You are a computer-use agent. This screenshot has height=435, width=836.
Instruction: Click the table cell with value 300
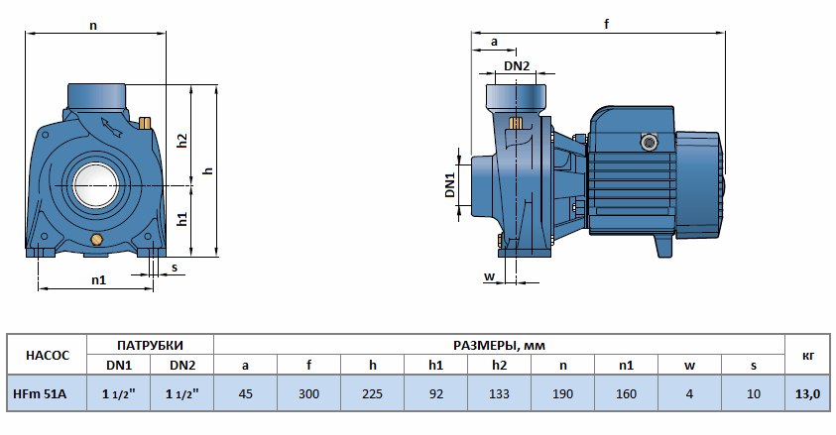(x=308, y=393)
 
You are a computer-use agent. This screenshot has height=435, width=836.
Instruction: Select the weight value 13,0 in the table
(x=807, y=393)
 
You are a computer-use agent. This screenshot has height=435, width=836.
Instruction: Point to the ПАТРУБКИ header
(x=150, y=345)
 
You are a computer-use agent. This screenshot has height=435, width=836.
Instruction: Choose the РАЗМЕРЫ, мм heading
(x=499, y=345)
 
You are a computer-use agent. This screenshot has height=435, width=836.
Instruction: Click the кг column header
(x=807, y=354)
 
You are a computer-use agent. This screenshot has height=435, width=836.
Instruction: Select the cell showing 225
(x=372, y=393)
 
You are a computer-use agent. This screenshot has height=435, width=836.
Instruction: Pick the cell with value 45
(x=245, y=393)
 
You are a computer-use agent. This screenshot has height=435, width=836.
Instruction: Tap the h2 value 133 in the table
(x=499, y=393)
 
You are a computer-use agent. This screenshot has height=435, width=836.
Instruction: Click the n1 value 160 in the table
(x=626, y=393)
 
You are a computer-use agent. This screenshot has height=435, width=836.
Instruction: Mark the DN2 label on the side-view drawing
(x=517, y=66)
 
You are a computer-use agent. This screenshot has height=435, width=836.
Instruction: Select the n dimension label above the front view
(x=93, y=26)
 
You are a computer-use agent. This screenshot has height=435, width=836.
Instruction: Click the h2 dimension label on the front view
(x=182, y=141)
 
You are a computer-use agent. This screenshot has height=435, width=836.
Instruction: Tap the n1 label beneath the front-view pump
(x=98, y=279)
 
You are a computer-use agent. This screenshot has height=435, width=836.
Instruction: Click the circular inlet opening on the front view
(x=95, y=185)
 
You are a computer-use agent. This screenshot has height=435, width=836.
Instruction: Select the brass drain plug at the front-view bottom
(x=96, y=241)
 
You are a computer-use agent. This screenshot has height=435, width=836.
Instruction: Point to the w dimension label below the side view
(x=488, y=275)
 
